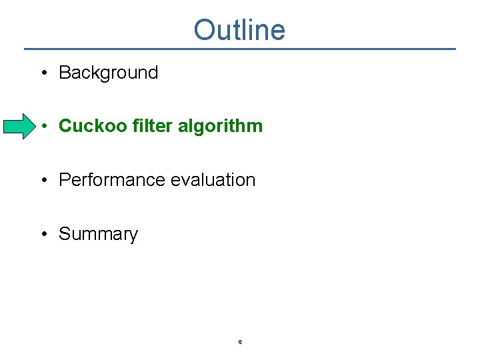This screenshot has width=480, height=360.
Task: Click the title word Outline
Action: point(239,30)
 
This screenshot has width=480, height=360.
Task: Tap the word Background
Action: point(108,73)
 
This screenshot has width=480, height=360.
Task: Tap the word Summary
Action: point(98,234)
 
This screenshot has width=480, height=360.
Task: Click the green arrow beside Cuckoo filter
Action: point(19,126)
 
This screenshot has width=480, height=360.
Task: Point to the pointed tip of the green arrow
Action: point(34,126)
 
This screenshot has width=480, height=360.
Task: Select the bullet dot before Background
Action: point(43,73)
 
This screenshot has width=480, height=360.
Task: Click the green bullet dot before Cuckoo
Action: point(43,127)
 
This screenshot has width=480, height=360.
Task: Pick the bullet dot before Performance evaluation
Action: point(43,181)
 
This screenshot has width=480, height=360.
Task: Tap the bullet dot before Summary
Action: point(43,235)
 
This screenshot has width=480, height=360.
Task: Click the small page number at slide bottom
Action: point(240,342)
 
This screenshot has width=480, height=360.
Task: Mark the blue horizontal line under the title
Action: point(240,49)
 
